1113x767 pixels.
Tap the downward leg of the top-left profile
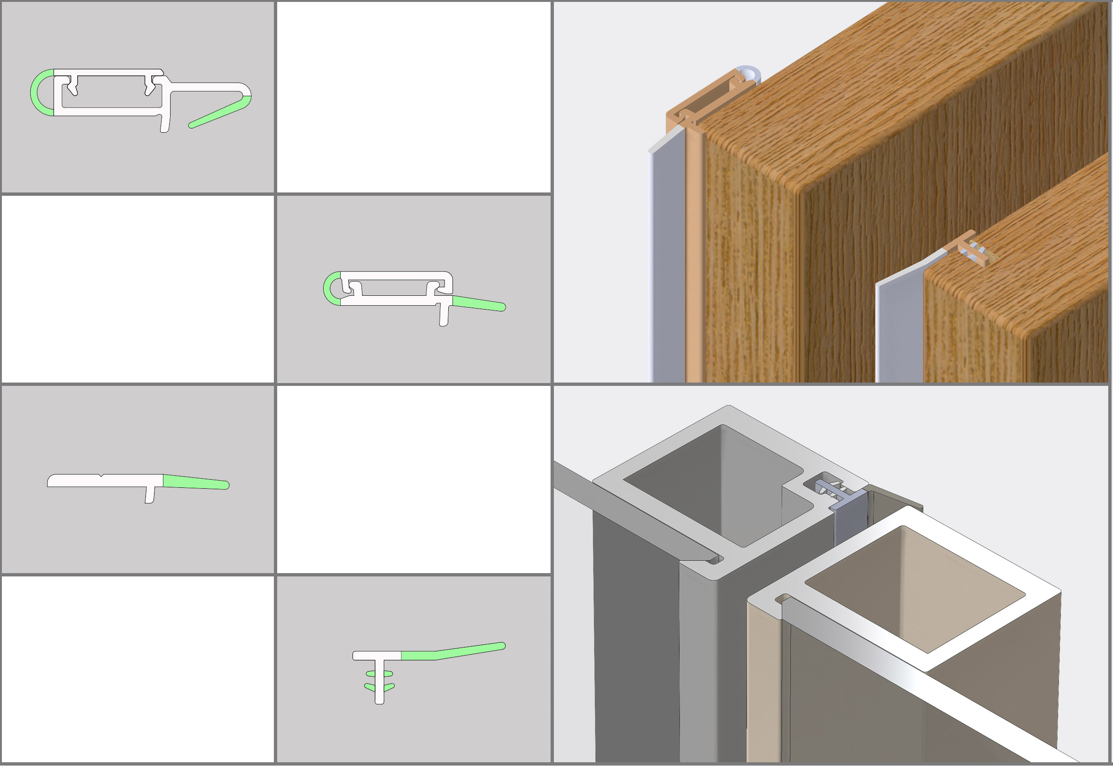coord(165,123)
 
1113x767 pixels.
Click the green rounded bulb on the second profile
coord(329,288)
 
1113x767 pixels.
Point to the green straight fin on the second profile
coord(478,304)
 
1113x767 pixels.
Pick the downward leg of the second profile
coord(444,315)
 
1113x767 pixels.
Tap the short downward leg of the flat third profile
coord(150,495)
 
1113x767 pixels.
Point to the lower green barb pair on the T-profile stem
coord(380,687)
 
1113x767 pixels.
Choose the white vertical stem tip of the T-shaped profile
coord(380,700)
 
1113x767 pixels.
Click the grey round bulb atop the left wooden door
coord(749,73)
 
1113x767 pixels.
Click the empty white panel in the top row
coord(414,96)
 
